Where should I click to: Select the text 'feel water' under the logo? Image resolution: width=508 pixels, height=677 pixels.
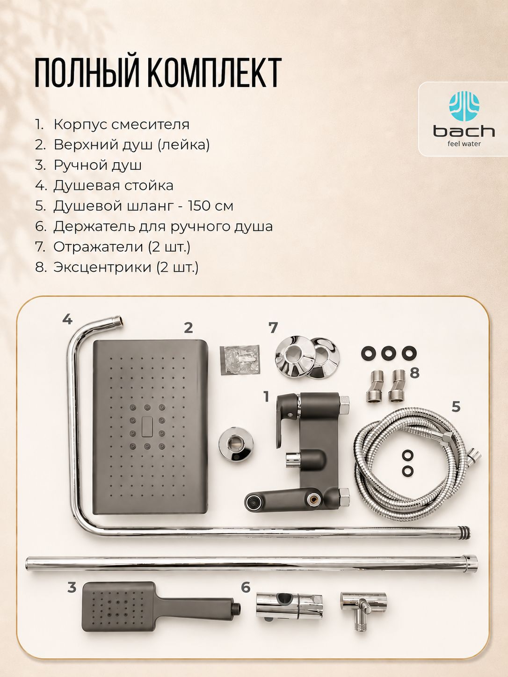coord(464,144)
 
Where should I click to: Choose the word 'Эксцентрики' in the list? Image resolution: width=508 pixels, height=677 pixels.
coord(102,267)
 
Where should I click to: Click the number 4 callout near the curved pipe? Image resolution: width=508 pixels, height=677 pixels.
coord(67,319)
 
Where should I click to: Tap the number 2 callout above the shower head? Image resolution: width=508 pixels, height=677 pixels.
coord(188,328)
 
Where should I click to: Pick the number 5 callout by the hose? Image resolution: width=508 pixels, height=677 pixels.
coord(456,406)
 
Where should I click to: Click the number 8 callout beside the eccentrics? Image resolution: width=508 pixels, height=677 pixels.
coord(414,373)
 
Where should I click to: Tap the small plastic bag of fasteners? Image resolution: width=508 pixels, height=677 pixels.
coord(239,360)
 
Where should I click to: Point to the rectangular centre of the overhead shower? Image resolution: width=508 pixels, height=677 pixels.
coord(150,426)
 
